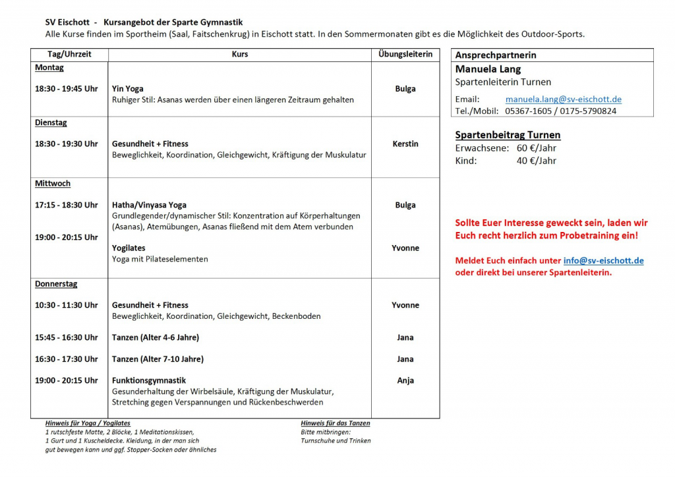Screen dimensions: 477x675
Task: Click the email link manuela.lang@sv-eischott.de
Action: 563,99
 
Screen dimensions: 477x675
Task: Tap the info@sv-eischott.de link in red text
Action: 603,260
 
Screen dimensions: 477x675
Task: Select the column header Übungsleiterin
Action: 405,55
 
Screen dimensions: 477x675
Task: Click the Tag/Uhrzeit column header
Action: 69,55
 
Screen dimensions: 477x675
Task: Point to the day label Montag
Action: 49,68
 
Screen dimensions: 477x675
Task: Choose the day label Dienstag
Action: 51,123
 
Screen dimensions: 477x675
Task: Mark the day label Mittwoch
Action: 53,184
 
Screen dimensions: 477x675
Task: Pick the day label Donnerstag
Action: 56,284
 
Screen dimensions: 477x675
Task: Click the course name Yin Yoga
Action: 127,89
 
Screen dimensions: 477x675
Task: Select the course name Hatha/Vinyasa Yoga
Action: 149,205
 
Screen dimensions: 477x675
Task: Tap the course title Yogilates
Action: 129,248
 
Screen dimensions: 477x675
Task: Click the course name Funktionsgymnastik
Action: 149,381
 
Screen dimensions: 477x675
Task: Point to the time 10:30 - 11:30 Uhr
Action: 66,305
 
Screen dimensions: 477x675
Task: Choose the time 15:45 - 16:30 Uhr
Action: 66,337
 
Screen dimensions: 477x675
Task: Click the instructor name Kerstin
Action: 405,144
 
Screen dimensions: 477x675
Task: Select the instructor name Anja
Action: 405,381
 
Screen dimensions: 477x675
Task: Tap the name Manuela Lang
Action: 488,69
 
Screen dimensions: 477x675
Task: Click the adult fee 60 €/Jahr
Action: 537,148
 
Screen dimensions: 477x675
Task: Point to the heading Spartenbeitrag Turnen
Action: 508,135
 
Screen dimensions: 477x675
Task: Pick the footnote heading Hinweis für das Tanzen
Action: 336,423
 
